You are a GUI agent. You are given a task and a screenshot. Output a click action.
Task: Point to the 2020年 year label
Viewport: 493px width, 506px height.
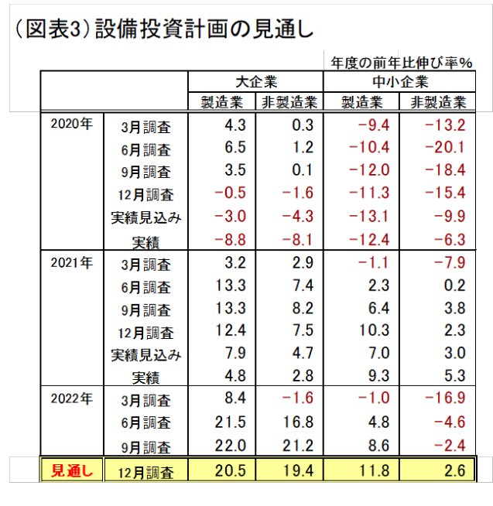(70, 124)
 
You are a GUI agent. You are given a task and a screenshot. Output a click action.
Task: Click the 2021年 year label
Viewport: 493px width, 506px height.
(70, 262)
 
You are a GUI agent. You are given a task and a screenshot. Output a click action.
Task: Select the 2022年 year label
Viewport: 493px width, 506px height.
(70, 399)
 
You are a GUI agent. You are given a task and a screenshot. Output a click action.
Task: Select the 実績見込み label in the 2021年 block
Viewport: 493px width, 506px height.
(146, 355)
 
